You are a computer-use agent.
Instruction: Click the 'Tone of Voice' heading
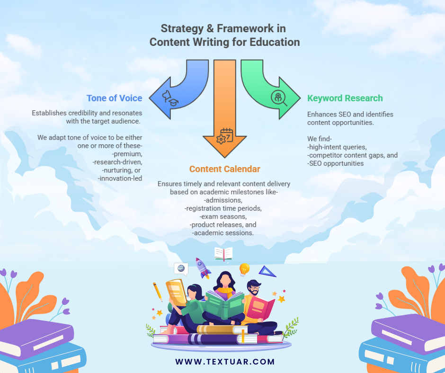pos(114,98)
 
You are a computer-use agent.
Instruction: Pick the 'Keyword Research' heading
pos(345,98)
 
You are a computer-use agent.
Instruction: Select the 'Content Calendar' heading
pos(224,169)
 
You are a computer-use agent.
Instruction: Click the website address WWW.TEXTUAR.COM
pos(225,362)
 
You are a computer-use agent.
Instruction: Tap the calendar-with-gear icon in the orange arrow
pos(224,136)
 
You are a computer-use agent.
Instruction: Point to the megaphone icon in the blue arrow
pos(170,97)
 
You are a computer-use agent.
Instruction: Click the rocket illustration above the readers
pos(203,268)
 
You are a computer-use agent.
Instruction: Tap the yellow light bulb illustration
pos(244,269)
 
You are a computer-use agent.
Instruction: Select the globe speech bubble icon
pos(181,269)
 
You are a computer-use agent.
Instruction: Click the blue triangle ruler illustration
pos(267,272)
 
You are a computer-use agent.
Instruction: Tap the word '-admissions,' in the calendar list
pos(224,200)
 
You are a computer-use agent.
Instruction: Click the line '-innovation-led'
pos(120,178)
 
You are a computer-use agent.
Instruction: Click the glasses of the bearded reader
pos(254,287)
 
